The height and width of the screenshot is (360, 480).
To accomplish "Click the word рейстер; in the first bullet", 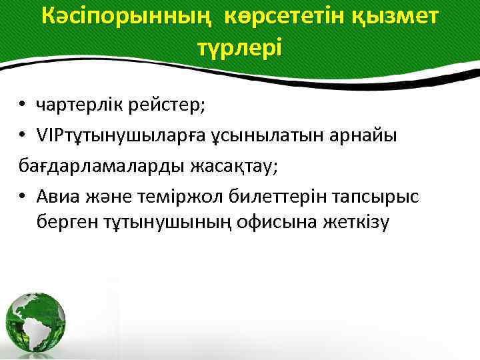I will coord(173,103).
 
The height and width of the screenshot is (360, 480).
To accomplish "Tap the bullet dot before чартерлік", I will coord(22,104).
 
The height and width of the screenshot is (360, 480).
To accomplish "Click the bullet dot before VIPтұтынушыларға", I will coord(22,136).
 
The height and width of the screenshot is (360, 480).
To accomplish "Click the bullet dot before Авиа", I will coord(22,196).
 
